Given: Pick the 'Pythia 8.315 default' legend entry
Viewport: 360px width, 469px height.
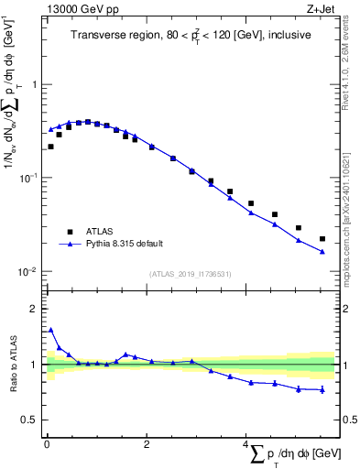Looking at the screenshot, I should tap(125, 244).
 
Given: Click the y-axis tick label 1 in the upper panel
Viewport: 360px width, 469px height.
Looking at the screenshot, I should tap(33, 84).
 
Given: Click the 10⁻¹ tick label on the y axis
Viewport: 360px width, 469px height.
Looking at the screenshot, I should tap(29, 178).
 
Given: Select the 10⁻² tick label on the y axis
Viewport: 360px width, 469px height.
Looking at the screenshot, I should tap(29, 272).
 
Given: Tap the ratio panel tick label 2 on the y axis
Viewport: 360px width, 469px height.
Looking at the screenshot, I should tap(33, 309).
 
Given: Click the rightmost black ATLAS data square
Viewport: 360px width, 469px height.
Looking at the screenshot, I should tap(322, 239).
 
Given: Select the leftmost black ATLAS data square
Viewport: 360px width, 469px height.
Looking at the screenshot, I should tap(50, 147).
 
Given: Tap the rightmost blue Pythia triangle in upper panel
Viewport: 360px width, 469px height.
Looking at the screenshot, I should tap(322, 252).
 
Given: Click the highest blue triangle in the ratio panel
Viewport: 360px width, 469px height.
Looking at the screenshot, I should tap(50, 331).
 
